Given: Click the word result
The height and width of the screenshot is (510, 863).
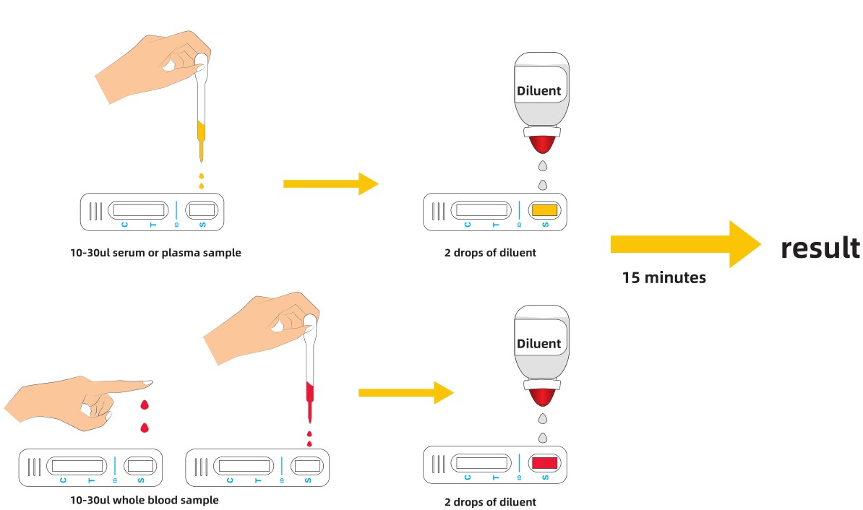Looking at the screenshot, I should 820,248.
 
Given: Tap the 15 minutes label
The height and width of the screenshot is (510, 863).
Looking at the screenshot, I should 664,277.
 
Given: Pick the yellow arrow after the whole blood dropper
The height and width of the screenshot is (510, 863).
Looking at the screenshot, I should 405,393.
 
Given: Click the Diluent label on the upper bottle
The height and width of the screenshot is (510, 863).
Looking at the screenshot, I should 538,92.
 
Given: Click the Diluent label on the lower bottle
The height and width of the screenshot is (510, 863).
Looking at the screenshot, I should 538,343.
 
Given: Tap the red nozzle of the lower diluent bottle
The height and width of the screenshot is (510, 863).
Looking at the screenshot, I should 541,397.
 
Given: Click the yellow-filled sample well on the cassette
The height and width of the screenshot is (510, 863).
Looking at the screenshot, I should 544,210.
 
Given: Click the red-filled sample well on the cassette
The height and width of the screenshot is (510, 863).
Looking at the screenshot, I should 544,462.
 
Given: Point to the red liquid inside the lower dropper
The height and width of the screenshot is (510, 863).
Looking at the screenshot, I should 309,392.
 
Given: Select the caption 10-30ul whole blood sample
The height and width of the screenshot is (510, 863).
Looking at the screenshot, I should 145,500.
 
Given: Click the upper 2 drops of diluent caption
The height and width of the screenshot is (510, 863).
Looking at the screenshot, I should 490,253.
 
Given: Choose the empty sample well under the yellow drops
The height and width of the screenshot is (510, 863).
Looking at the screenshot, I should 202,210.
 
